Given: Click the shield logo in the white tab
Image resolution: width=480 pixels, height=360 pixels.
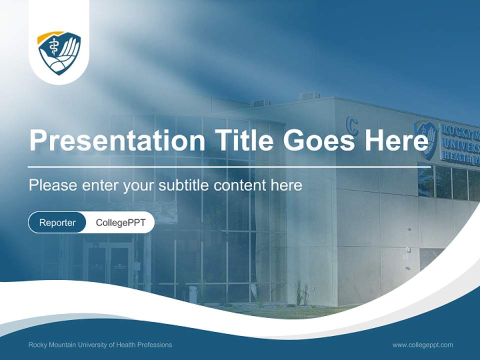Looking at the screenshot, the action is click(x=59, y=53).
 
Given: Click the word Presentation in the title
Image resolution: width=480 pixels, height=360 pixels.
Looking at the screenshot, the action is click(x=117, y=140).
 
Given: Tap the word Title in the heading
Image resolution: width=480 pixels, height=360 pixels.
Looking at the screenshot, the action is click(x=243, y=139).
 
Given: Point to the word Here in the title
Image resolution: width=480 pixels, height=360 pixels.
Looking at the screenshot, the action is click(x=396, y=139).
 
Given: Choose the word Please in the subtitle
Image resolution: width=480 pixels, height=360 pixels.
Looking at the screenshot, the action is click(x=53, y=185).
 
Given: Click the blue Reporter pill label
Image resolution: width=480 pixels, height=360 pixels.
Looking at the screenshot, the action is click(x=57, y=222).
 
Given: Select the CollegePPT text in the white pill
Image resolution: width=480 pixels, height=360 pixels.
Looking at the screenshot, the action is click(x=120, y=222).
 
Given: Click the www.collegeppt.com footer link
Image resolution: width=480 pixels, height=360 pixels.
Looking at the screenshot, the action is click(x=422, y=345).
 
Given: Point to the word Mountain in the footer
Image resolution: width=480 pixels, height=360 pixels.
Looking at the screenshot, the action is click(x=61, y=344).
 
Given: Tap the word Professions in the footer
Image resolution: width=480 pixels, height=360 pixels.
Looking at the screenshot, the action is click(x=154, y=344).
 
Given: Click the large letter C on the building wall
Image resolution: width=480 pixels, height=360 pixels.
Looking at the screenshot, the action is click(x=352, y=125).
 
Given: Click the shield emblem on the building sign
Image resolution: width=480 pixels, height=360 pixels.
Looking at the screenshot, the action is click(x=426, y=139).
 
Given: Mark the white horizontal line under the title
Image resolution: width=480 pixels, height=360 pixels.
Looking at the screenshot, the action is click(x=229, y=167).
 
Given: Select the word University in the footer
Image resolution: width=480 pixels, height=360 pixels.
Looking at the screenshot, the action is click(x=92, y=344).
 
